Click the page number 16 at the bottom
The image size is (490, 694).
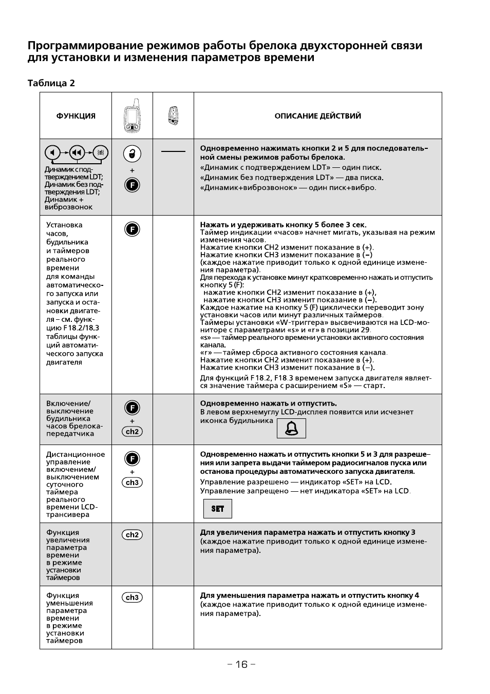241,665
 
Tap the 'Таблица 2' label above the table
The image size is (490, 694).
51,83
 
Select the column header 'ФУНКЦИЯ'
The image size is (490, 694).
76,116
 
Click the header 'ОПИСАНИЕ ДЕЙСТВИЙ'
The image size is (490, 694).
317,116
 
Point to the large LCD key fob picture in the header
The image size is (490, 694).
132,115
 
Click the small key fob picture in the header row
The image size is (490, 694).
173,115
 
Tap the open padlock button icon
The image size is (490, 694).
132,153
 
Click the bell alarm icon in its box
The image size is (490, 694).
291,428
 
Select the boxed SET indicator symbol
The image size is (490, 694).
218,509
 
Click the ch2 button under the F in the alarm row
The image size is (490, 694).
132,432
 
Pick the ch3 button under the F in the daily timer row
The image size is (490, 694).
132,483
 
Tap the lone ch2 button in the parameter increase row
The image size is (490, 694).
132,535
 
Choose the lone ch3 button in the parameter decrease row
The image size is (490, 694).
132,597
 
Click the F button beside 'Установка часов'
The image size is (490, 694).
132,229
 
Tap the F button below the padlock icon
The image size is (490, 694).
132,184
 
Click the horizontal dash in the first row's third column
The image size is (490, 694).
173,151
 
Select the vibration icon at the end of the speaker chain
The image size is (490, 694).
101,152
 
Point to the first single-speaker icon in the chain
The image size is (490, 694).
52,152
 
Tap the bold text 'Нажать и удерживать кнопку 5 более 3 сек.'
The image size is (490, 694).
283,225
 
